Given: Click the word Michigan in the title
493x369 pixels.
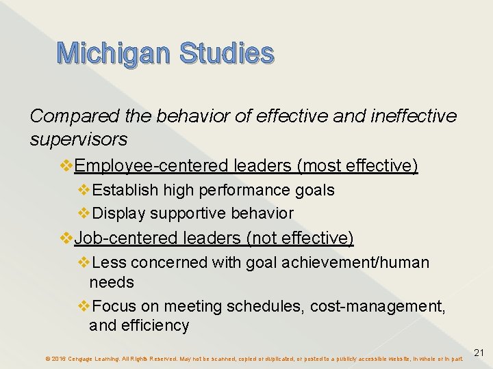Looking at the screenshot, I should tap(113, 53).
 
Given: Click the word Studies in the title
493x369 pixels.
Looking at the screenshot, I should tap(227, 53).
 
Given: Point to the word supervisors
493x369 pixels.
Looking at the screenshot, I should tap(78, 139).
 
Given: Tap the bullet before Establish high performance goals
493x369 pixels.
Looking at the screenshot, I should tap(84, 190).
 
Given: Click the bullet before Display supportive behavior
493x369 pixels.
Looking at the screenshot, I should tap(84, 213).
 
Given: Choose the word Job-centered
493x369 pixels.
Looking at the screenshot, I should tap(128, 238).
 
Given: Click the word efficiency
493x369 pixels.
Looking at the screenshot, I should tap(155, 326).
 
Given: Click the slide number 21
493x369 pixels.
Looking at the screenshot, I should tap(479, 353).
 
